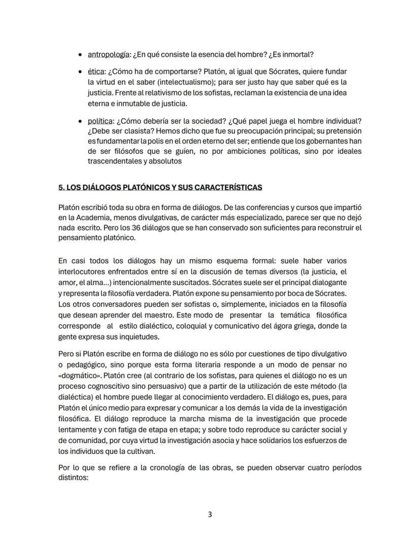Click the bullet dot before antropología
(x=81, y=55)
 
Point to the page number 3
(x=210, y=514)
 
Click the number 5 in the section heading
(x=61, y=188)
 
